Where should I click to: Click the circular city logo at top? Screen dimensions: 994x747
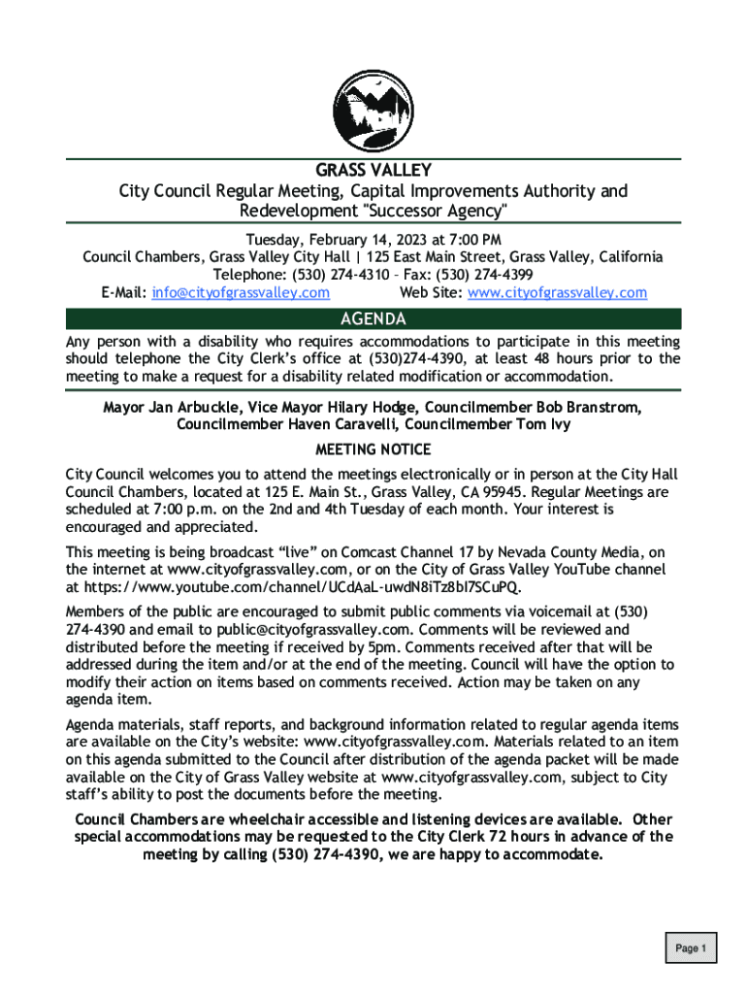(373, 108)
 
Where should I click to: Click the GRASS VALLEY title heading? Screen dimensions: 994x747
(373, 171)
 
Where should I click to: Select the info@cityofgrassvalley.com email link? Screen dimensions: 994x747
(241, 292)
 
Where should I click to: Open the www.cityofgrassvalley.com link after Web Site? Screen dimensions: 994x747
(557, 292)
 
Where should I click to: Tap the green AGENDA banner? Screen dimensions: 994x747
(373, 319)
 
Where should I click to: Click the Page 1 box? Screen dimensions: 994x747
(691, 947)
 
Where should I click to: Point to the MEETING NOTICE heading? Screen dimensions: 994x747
(373, 449)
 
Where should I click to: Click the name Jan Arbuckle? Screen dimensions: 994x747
(192, 407)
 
